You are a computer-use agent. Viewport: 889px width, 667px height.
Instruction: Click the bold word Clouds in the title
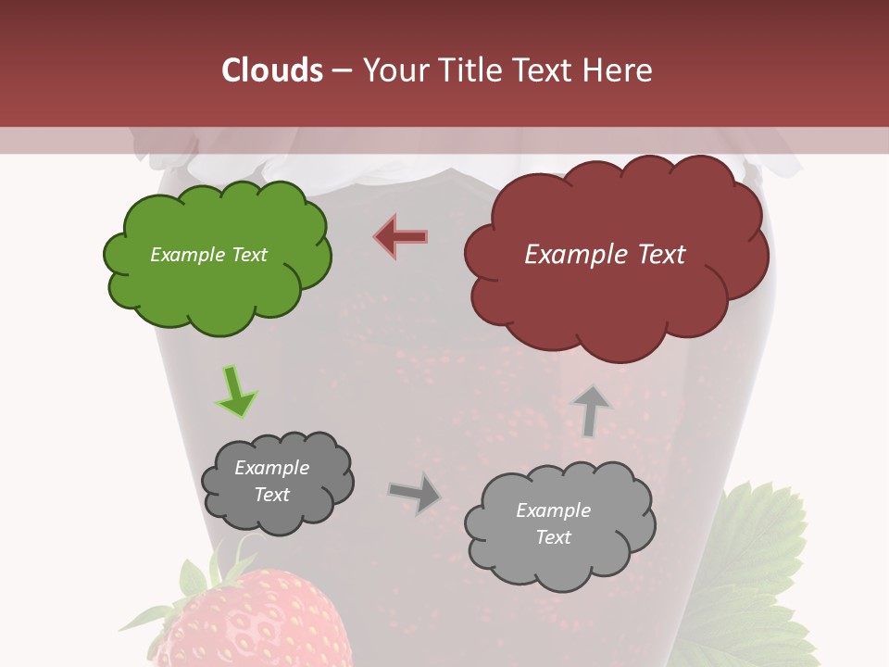(272, 70)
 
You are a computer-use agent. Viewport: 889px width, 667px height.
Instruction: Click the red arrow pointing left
(401, 236)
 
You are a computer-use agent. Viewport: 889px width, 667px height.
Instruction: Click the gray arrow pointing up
(591, 410)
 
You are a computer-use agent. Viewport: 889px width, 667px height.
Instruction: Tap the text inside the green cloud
(208, 255)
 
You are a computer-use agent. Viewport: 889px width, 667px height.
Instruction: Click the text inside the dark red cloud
(605, 255)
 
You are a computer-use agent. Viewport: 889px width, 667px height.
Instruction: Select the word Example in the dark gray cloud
(271, 468)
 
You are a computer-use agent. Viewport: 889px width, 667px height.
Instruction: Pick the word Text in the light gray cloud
(553, 537)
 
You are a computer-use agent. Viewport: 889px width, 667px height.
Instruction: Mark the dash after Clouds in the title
(341, 71)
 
